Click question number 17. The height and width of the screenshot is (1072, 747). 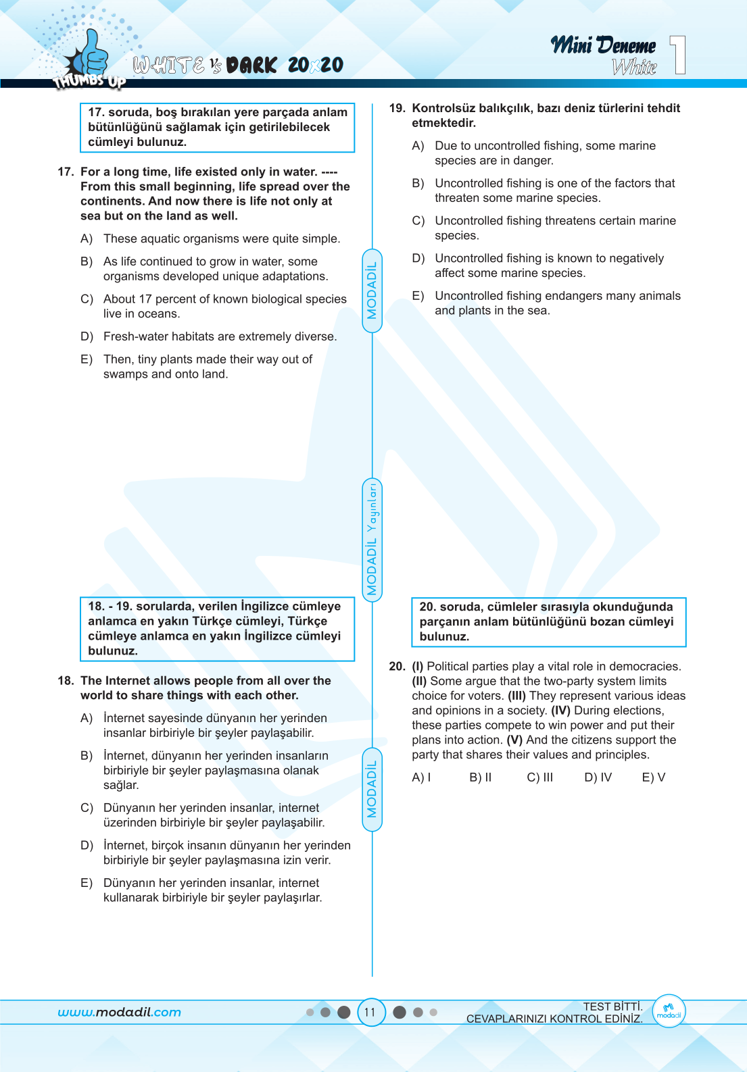tap(66, 172)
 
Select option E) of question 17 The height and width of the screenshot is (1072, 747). tap(87, 359)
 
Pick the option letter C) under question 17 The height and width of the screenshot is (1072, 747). tap(87, 299)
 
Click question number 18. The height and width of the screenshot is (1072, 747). tap(66, 681)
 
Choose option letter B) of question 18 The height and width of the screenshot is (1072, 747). tap(87, 756)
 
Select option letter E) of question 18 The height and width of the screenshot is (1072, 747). tap(87, 884)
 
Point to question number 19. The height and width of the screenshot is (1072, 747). tap(397, 108)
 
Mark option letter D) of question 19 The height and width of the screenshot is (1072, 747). tap(418, 259)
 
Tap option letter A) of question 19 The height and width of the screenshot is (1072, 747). tap(418, 146)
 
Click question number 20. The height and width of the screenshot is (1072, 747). tap(397, 667)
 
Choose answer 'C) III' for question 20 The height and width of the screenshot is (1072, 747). tap(539, 777)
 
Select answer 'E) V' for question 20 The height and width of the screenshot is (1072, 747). tap(653, 777)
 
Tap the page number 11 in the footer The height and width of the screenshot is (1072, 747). tap(370, 1013)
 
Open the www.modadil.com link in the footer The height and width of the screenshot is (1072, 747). tap(120, 1013)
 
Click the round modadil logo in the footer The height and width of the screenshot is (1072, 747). tap(669, 1012)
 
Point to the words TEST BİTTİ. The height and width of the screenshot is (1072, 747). tap(612, 1006)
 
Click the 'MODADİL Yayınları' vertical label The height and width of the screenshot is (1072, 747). tap(372, 539)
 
